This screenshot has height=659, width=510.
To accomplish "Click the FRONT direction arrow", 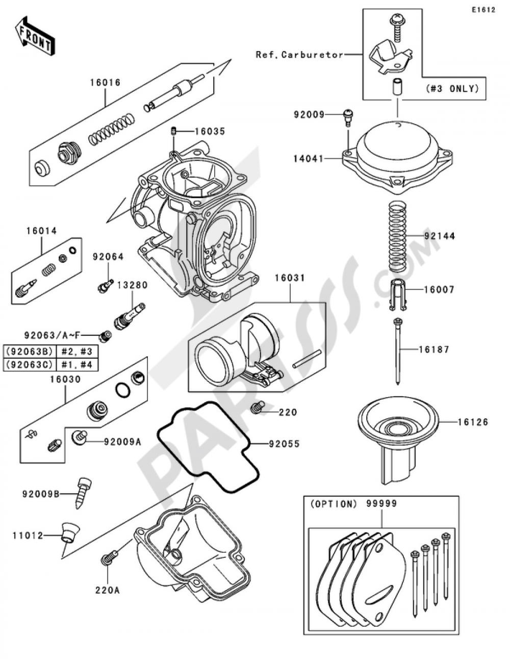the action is point(35,36).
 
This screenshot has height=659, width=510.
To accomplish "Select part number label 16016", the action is point(105,83).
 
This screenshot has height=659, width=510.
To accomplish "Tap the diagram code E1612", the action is point(483,10).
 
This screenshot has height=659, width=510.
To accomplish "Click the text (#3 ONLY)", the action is point(452,89).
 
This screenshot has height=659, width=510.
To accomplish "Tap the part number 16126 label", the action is point(473,422).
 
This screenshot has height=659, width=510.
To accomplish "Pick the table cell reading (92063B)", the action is point(30,352).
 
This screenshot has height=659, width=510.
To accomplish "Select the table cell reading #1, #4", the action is point(78,364).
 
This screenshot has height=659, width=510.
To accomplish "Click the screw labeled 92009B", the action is point(83,493).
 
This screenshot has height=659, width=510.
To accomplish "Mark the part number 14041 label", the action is point(309,158).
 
